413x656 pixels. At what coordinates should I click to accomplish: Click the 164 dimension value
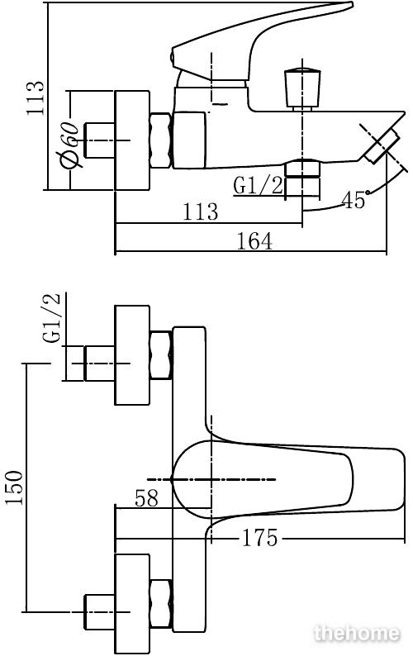pos(254,241)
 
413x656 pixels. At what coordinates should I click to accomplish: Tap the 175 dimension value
pos(259,538)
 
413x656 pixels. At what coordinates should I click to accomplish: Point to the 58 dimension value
pos(147,498)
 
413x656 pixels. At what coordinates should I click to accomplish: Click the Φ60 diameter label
pos(69,145)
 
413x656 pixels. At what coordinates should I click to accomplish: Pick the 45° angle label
pos(355,200)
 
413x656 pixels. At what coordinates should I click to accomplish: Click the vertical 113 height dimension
pos(35,99)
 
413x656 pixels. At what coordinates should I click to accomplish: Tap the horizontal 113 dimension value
pos(201,212)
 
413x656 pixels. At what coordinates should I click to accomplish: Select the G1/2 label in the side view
pos(259,186)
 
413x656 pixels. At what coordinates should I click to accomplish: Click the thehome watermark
pos(357,633)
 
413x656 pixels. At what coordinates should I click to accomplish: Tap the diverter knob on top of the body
pos(302,88)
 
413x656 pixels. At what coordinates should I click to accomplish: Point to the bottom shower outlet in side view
pos(302,178)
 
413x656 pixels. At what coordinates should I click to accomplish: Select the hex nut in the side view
pos(161,140)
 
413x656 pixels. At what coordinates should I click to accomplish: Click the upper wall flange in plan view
pos(132,355)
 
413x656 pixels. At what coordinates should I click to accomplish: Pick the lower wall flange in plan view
pos(132,605)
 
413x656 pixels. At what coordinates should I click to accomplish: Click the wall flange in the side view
pos(132,140)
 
